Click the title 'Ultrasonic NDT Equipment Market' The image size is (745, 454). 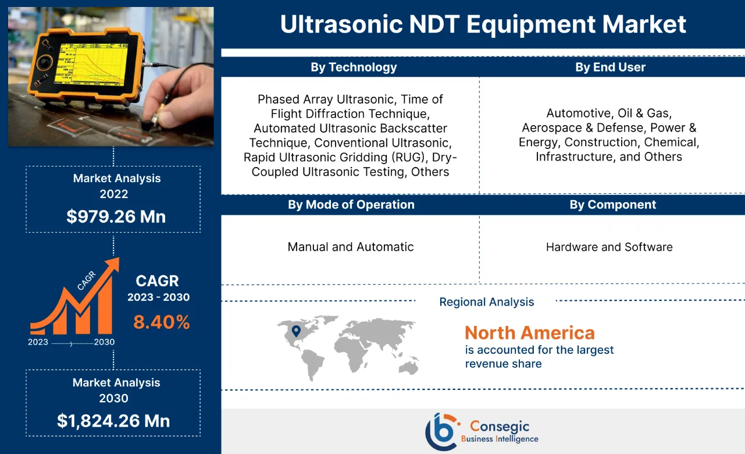point(483,24)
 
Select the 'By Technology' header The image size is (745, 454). point(354,67)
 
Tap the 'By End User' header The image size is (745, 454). point(610,67)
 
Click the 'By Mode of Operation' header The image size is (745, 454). point(351,204)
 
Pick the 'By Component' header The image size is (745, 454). point(612,204)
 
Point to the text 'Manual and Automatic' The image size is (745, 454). point(350,247)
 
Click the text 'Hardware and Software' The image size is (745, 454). point(609,247)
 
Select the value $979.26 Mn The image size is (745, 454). point(116,217)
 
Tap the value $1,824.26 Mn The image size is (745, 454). point(113,420)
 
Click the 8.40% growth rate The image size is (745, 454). point(162,322)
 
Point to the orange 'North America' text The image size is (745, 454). point(529,333)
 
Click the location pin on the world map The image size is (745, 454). point(296,331)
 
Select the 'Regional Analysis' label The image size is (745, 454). point(486,302)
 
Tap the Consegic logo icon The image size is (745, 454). point(440,431)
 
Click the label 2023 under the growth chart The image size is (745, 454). point(38,342)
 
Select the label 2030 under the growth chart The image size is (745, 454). point(105,342)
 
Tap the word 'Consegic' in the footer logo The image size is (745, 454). point(499,426)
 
